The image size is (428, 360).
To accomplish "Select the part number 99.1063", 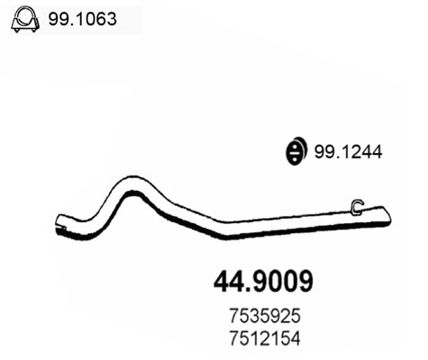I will [x=87, y=15].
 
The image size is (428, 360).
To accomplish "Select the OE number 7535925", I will [x=263, y=316].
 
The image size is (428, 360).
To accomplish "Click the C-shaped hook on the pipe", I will [x=357, y=208].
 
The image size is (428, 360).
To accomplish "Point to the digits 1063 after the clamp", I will [x=101, y=15].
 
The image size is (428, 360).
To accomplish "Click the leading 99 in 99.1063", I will [x=63, y=15].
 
